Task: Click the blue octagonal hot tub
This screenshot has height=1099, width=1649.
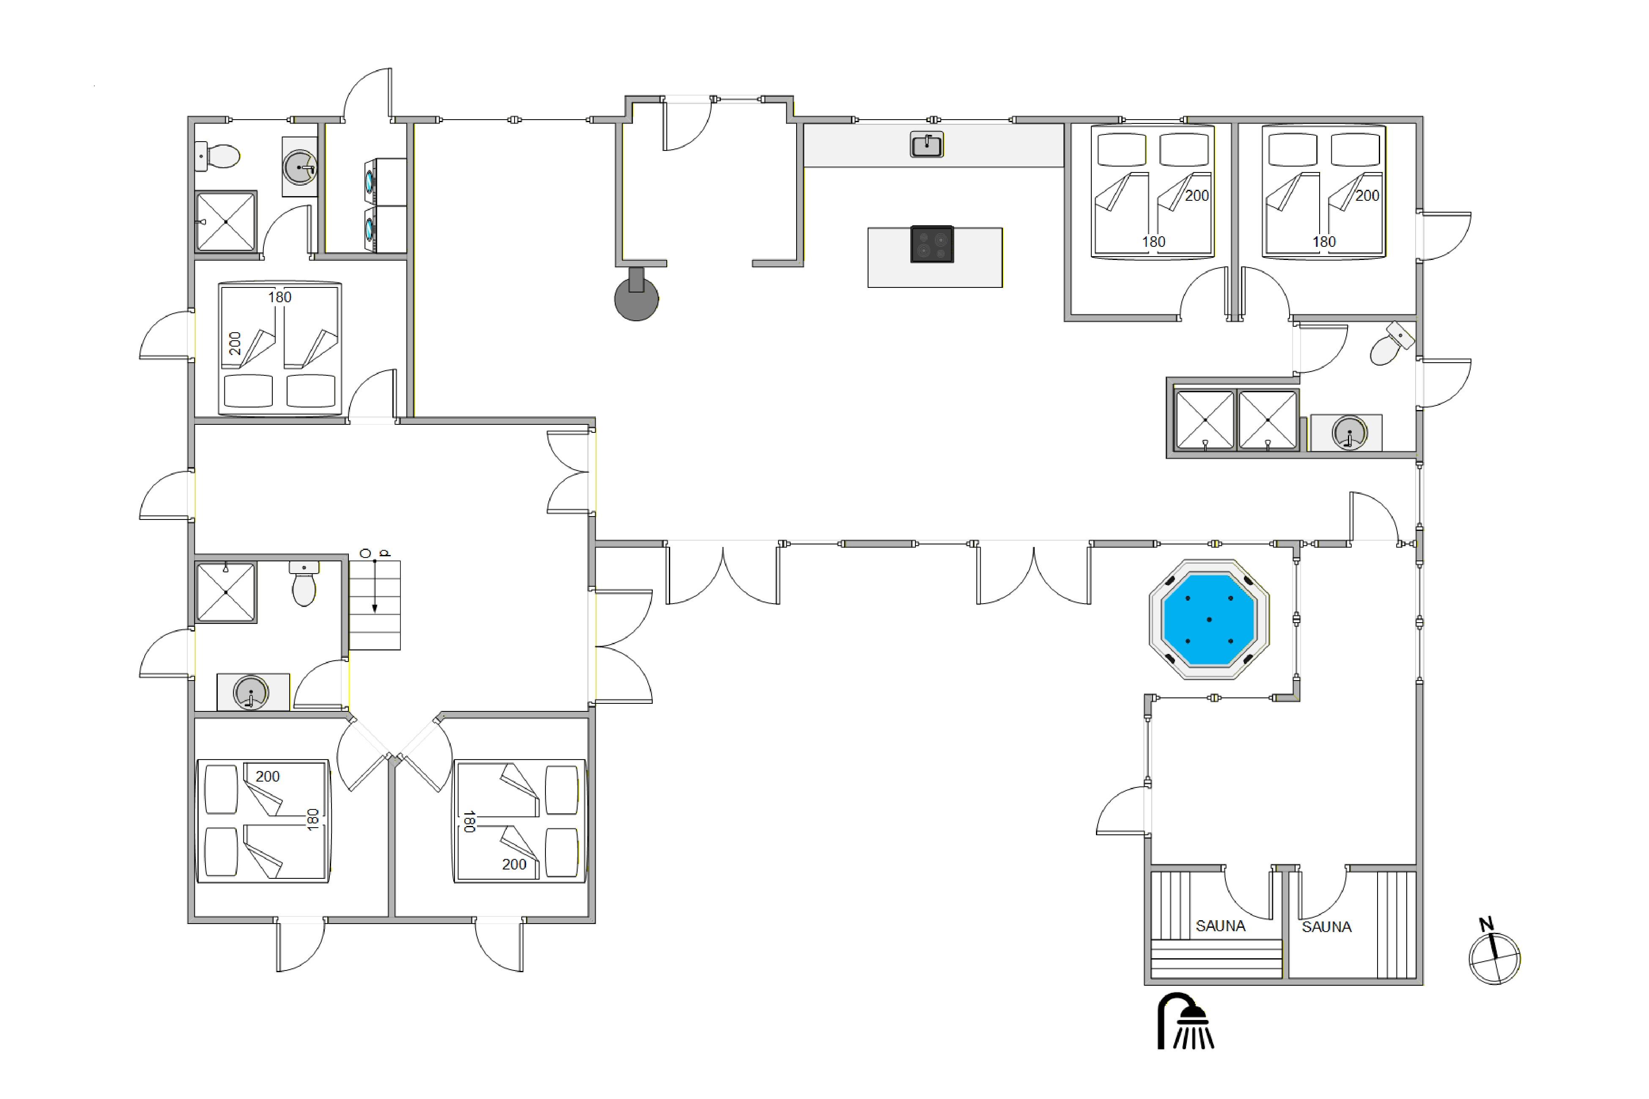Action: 1209,620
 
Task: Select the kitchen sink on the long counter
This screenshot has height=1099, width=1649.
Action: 927,145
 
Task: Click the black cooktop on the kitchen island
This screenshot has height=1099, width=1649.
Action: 932,244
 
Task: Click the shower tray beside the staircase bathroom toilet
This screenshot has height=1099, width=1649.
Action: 226,592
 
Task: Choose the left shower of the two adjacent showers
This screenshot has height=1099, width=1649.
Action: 1205,420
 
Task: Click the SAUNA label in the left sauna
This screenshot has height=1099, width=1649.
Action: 1221,926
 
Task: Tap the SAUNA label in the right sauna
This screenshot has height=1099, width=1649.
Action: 1326,927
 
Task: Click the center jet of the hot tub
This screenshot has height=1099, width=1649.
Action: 1209,620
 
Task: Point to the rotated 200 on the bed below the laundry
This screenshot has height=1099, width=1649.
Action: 235,343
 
